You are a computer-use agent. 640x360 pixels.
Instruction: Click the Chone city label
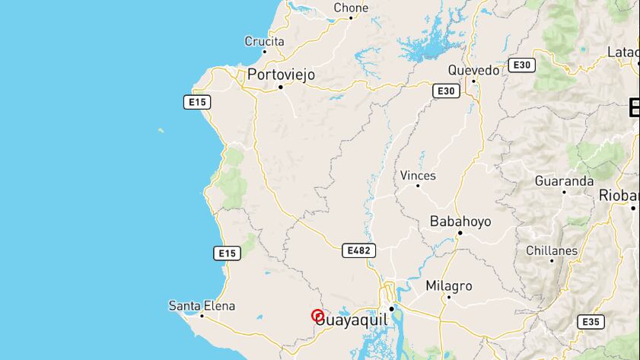(x=351, y=8)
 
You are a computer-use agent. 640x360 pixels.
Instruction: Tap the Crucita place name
(x=264, y=42)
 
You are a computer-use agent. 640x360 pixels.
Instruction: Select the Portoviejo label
(x=281, y=75)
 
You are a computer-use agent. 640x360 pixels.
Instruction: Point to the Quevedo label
(x=473, y=70)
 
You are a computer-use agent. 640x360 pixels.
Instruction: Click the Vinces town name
(x=418, y=176)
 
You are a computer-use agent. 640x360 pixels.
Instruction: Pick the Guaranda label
(x=564, y=182)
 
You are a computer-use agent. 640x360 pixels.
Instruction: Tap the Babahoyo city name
(x=460, y=221)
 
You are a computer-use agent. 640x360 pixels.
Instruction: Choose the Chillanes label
(x=552, y=250)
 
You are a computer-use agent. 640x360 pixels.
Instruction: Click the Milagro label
(x=448, y=286)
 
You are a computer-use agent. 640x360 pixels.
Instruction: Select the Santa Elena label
(x=202, y=306)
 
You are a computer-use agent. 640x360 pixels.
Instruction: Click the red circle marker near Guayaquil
(x=318, y=316)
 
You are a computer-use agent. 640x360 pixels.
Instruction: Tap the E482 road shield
(x=358, y=250)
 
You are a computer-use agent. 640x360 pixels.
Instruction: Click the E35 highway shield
(x=591, y=322)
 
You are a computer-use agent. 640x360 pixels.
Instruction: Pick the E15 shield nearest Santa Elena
(x=228, y=253)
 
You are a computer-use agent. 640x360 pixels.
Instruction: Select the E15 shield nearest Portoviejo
(x=196, y=102)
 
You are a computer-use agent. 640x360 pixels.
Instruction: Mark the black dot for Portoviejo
(x=281, y=87)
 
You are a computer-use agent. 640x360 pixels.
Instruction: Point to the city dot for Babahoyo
(x=460, y=233)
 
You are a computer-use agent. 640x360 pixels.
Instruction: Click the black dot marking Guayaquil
(x=392, y=309)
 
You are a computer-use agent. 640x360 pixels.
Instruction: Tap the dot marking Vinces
(x=418, y=186)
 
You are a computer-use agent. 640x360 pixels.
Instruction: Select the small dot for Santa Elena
(x=202, y=315)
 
